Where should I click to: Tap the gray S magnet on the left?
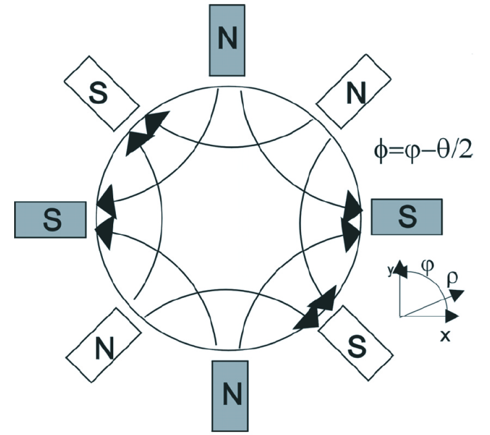click(50, 219)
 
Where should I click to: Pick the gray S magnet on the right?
click(406, 216)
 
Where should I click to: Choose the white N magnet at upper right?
click(354, 93)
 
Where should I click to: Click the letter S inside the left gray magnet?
click(50, 220)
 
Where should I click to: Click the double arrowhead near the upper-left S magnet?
click(146, 132)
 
